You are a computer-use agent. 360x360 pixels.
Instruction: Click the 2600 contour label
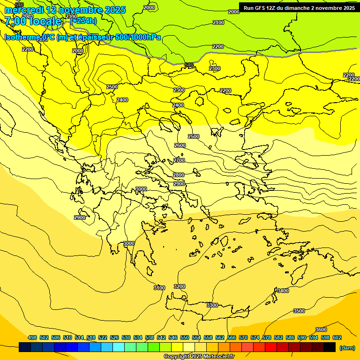point(180,146)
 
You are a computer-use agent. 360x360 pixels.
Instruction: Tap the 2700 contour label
point(179,161)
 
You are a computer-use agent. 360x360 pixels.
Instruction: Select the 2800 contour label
point(179,175)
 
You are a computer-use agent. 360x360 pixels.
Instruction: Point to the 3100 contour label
point(159,288)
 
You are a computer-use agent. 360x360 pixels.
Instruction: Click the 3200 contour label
point(180,286)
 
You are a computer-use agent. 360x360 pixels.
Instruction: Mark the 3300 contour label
point(212,305)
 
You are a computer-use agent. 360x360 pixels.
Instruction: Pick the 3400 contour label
point(283,291)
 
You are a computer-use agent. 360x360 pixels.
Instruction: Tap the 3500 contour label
point(299,311)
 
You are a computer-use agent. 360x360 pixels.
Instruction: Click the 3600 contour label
point(321,330)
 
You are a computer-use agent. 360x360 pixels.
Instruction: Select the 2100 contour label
point(218,22)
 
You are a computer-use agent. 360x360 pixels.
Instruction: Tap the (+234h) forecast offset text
point(83,21)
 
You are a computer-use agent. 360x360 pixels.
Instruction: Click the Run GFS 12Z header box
point(299,8)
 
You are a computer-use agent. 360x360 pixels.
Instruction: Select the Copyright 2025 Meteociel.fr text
point(199,357)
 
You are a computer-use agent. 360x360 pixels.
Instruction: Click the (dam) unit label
point(347,348)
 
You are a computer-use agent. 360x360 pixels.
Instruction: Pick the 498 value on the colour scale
point(32,337)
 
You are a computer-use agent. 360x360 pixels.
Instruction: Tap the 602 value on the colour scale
point(337,337)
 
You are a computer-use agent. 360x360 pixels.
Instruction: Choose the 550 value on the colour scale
point(185,337)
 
